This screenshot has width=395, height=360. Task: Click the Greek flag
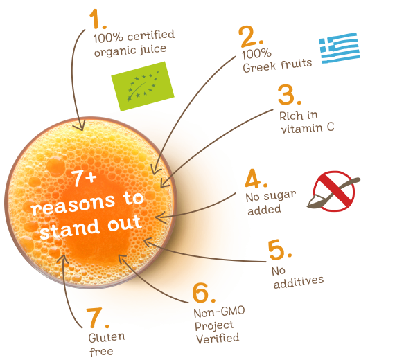coord(339,48)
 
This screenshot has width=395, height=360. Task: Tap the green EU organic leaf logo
coord(143,86)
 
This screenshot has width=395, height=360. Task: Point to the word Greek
coord(259,66)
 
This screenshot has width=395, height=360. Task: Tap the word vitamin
coord(301,128)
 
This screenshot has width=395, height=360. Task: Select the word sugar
coord(280,196)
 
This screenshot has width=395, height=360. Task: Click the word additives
coord(299,282)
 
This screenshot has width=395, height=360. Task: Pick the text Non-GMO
coord(219,312)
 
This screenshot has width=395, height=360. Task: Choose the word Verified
coord(218,339)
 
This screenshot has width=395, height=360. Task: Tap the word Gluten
coord(107,338)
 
